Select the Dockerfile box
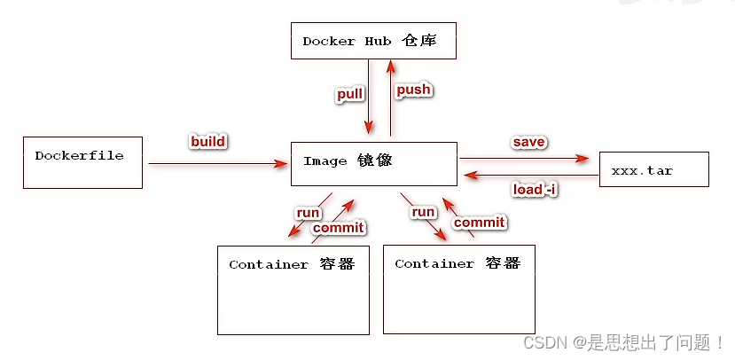82,162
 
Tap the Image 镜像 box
373,163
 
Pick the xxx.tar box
654,169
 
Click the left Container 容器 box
293,290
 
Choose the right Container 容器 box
458,289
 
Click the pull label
348,95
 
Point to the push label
413,90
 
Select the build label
208,142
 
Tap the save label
528,142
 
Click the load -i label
535,189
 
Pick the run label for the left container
308,213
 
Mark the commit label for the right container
479,222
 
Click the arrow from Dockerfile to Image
217,163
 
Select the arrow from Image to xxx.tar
523,159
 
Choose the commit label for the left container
338,228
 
